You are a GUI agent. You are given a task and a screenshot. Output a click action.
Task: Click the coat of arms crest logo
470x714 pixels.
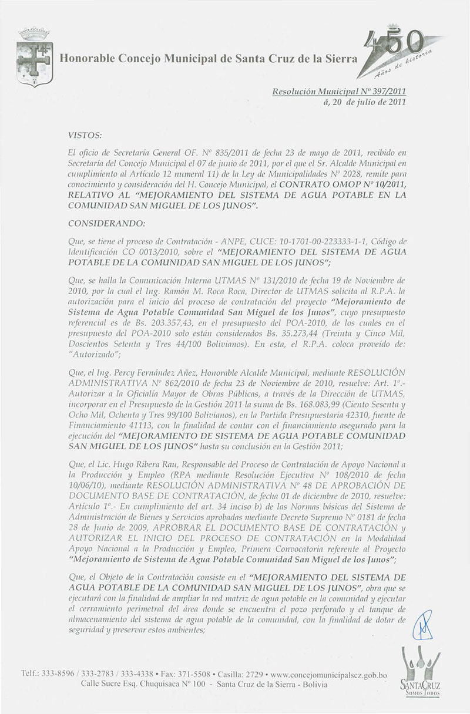[35, 57]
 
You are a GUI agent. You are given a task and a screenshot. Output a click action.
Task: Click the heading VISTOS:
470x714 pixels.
[85, 135]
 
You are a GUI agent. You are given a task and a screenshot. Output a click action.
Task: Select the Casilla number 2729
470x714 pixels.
[250, 675]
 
